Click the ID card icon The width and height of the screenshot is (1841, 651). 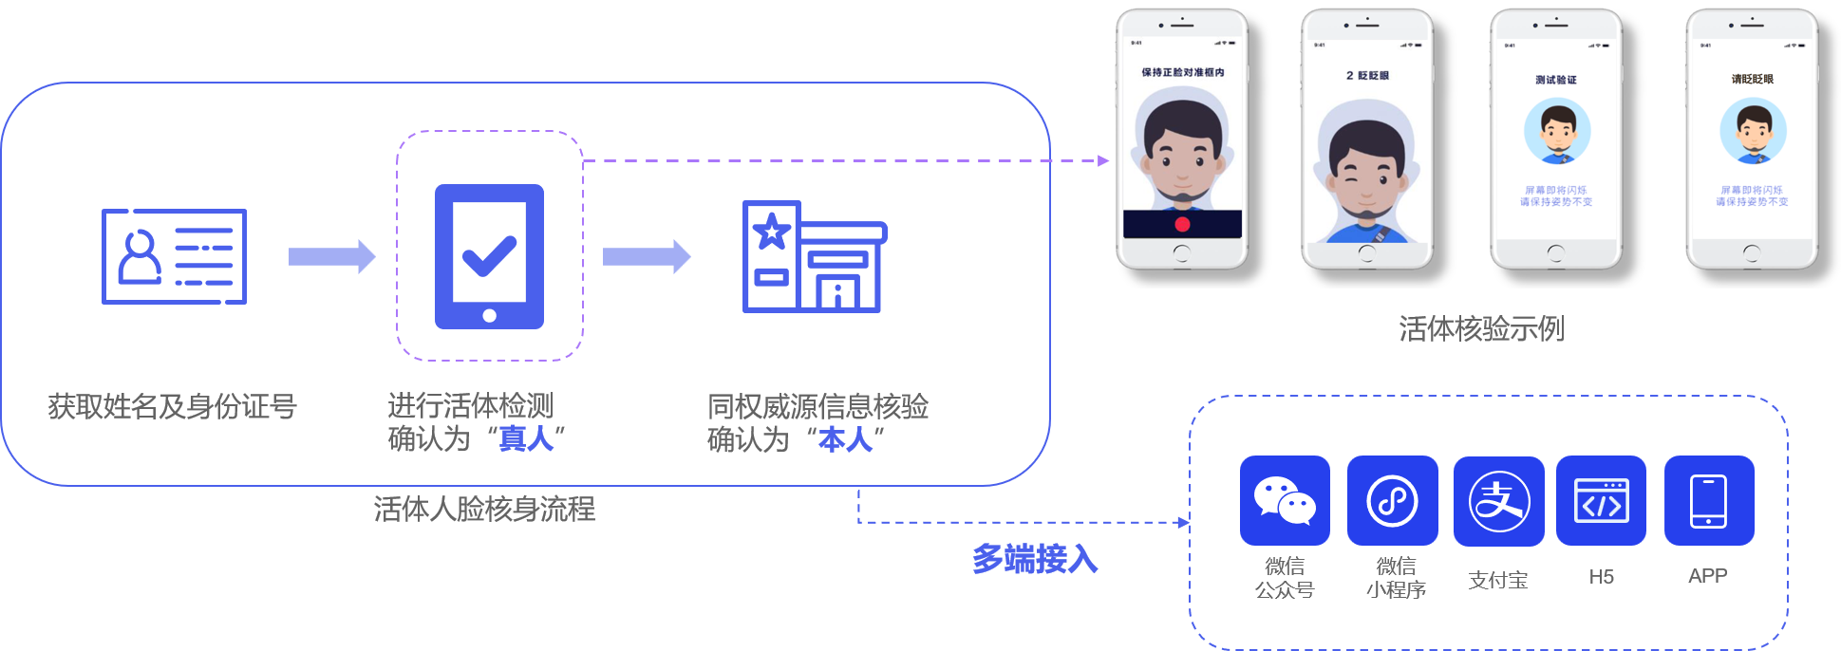tap(174, 256)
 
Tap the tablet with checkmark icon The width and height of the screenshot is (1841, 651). tap(489, 256)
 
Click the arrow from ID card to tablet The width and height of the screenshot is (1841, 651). tap(331, 256)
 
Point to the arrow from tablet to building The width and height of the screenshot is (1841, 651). tap(647, 256)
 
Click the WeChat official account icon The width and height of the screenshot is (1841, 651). tap(1285, 500)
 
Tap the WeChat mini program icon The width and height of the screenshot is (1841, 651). tap(1392, 500)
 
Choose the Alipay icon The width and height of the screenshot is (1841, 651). tap(1498, 500)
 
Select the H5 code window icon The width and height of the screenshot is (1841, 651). tap(1601, 500)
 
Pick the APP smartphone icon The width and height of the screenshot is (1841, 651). tap(1708, 500)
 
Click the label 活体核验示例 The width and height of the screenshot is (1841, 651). tap(1481, 328)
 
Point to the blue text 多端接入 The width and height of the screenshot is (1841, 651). tap(1034, 559)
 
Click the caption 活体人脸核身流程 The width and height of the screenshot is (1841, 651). tap(484, 510)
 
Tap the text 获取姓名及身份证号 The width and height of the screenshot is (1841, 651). tap(173, 406)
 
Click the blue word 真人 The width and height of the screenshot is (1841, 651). tap(526, 438)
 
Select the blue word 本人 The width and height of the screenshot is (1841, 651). tap(845, 438)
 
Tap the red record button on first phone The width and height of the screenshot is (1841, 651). tap(1182, 224)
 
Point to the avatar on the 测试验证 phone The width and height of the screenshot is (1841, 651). tap(1557, 131)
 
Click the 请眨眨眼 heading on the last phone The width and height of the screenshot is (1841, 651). tap(1752, 79)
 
